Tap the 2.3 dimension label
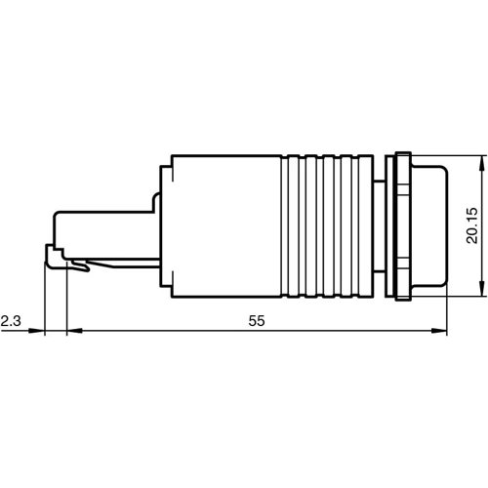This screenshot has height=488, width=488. point(11,320)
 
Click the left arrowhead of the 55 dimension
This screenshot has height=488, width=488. point(72,332)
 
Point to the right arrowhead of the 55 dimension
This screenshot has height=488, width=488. point(441,332)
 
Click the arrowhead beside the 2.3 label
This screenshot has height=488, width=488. point(39,332)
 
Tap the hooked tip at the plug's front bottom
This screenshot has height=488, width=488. point(51,258)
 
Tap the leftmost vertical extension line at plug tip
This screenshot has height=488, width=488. point(45,303)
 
